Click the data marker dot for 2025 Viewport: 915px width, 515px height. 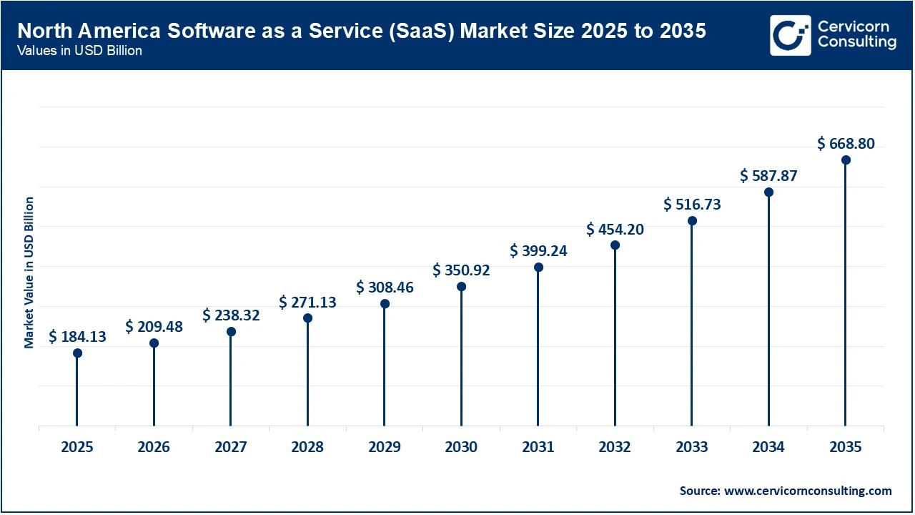(77, 353)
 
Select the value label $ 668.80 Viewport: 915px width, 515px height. (846, 144)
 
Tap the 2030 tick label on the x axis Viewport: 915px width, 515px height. (461, 448)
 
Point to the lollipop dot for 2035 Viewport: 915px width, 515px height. (846, 160)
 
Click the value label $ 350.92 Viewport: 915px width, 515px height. (461, 270)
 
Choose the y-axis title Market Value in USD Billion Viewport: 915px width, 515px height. (29, 273)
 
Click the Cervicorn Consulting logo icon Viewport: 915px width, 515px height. (790, 35)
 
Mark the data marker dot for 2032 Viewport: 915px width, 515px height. (615, 245)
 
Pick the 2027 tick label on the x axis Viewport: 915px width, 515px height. (231, 448)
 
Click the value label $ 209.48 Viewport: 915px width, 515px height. (154, 327)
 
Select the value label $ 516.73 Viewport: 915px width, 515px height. (692, 205)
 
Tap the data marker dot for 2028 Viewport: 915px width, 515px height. (307, 318)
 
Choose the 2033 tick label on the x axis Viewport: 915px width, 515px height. (692, 448)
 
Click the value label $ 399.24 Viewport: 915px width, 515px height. (538, 251)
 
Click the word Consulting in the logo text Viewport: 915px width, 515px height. (856, 42)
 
